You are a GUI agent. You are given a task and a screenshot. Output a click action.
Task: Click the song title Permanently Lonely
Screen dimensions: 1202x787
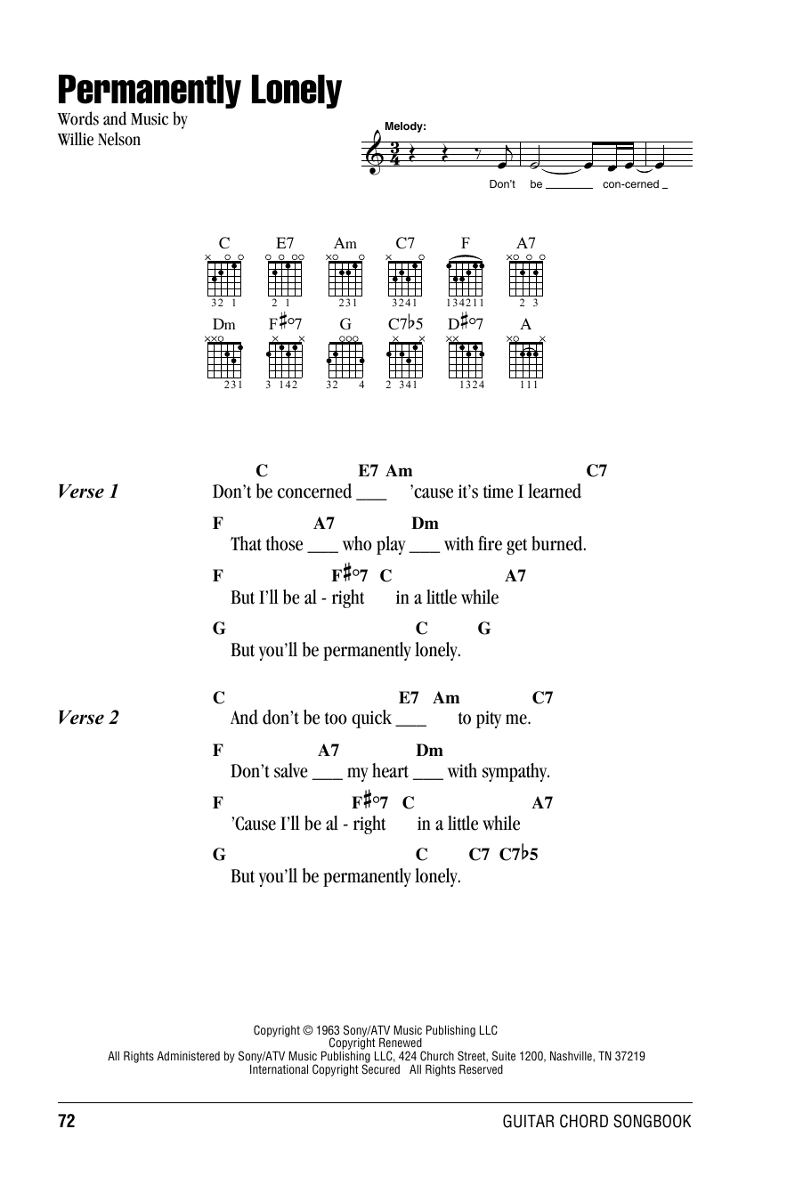pos(199,91)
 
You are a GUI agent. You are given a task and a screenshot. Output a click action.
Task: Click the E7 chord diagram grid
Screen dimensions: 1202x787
pos(285,278)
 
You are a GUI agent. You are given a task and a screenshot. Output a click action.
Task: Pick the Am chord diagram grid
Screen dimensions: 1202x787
pos(345,278)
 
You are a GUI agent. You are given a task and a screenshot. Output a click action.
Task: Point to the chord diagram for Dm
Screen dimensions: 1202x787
pos(224,360)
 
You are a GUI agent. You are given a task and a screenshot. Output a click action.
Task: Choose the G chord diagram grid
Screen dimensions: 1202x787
pos(345,360)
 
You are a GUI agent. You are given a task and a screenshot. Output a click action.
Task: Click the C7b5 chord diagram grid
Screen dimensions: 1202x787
pos(405,360)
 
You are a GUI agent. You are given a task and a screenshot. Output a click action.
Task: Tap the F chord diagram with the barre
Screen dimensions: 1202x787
pos(466,278)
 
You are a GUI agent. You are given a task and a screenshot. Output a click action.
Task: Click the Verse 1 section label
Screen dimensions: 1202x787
pos(87,491)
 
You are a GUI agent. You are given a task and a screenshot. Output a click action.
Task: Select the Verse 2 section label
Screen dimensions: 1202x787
pos(87,718)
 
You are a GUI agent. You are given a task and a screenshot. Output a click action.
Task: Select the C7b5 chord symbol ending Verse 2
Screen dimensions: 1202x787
pos(518,855)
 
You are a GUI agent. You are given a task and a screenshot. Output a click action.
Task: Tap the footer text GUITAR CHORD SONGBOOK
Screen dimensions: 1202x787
pos(596,1122)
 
